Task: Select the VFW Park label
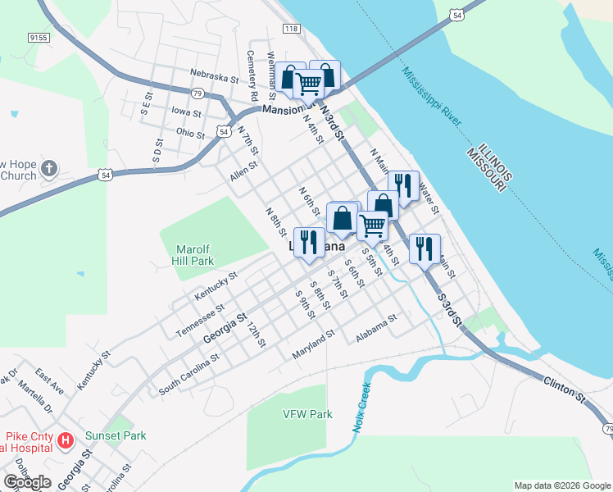(x=307, y=414)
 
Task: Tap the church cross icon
(x=49, y=169)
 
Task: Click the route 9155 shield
(x=37, y=37)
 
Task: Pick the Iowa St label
(x=186, y=111)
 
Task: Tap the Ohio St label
(x=190, y=133)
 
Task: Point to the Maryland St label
(x=315, y=344)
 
